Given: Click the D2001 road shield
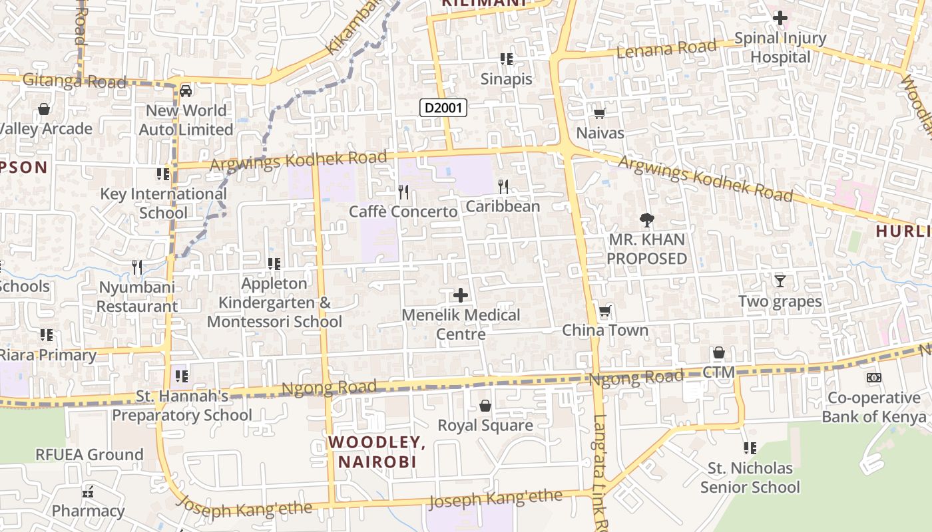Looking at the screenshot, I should coord(443,108).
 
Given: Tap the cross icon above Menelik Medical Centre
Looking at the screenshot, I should coord(460,295).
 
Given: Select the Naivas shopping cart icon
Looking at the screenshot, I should coord(600,113).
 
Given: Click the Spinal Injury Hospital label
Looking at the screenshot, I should coord(780,48).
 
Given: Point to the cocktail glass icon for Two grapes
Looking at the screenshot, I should coord(780,281).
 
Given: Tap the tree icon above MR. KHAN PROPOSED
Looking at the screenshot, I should coord(646,219).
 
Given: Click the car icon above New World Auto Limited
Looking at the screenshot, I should coord(186,90).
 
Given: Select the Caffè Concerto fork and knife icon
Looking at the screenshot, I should coord(403,192).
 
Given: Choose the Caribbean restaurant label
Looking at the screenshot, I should coord(503,206).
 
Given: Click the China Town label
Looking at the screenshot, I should coord(605,331).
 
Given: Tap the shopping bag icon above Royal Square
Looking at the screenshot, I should coord(485,405).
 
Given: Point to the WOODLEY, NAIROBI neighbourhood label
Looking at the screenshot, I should coord(377,452).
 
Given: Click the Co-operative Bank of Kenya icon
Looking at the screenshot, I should coord(873,378).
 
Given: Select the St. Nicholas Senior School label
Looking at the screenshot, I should coord(750,477).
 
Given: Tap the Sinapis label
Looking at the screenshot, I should coord(507,79).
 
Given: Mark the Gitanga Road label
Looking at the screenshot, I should coord(74,81).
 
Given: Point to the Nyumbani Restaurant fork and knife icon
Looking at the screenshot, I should coord(137,267).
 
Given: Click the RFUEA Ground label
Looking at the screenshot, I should coord(89,455).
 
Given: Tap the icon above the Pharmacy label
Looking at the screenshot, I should coord(88,492).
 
